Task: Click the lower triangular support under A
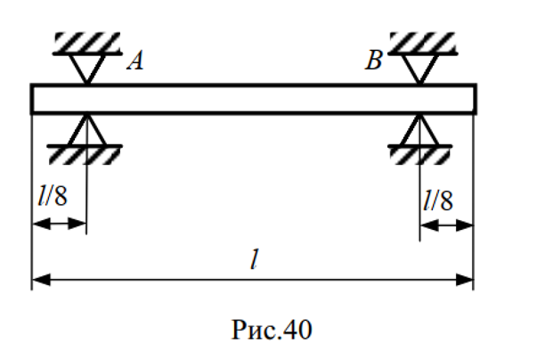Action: pos(86,130)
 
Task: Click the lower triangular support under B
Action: pos(419,130)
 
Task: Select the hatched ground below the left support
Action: pos(86,154)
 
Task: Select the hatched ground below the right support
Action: pos(419,154)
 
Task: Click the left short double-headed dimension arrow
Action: pos(59,225)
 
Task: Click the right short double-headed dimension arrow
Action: pos(446,225)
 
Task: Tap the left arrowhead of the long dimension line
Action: pos(40,281)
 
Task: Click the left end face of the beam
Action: pos(33,99)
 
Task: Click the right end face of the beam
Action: pos(474,99)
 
